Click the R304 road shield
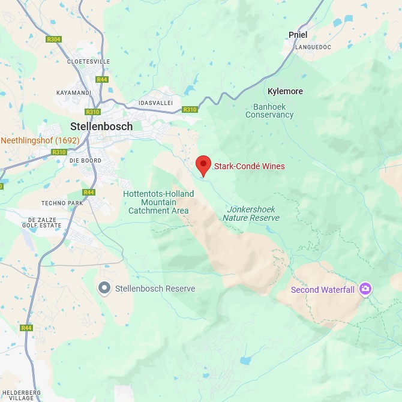point(53,40)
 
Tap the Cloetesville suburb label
point(89,61)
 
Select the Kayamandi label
point(73,93)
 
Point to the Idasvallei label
point(155,103)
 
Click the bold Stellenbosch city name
point(101,127)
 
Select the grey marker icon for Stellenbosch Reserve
point(105,289)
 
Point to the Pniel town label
point(298,35)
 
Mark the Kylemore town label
point(285,91)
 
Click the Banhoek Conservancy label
point(269,110)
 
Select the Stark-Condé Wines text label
point(249,166)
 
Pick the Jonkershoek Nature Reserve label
point(251,214)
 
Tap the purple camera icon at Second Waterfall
point(365,290)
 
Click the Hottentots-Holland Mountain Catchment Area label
point(158,202)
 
